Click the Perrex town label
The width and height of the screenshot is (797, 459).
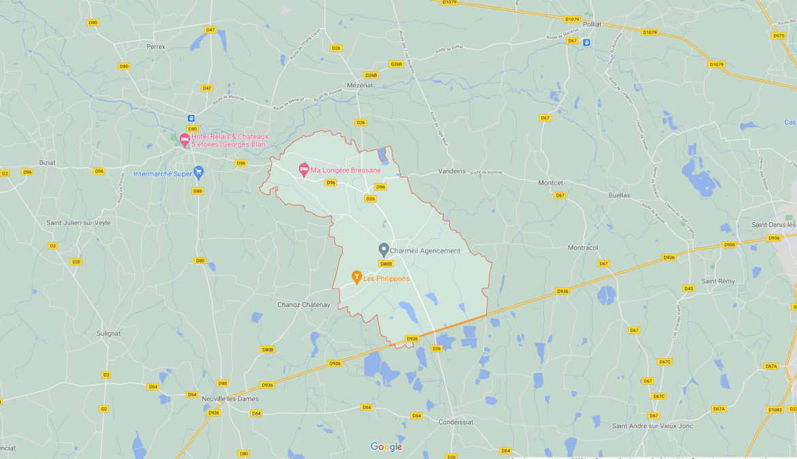click(156, 46)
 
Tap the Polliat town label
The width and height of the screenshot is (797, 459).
click(592, 24)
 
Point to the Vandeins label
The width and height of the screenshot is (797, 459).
click(452, 171)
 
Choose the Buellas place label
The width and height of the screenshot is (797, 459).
click(619, 195)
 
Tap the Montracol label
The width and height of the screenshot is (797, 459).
click(582, 248)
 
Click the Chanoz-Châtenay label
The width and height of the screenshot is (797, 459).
click(304, 305)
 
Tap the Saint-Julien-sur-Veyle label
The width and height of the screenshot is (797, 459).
click(78, 222)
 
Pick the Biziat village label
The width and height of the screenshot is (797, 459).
click(48, 162)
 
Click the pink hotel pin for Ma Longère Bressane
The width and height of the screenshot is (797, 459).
click(304, 169)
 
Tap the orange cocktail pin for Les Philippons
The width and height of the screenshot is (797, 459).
click(356, 276)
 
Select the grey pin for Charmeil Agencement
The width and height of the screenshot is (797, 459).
click(384, 250)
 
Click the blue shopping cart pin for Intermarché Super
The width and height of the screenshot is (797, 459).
click(198, 172)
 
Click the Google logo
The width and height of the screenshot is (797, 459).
click(386, 447)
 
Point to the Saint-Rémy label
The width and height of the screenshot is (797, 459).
click(719, 281)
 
